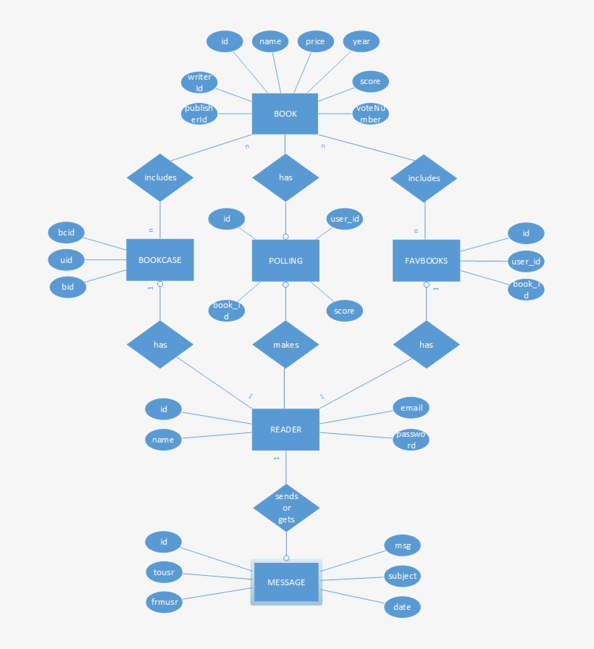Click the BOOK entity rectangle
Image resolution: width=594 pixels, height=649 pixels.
tap(285, 114)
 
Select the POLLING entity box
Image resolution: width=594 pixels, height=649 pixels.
tap(285, 261)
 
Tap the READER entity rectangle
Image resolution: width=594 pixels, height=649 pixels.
tap(285, 430)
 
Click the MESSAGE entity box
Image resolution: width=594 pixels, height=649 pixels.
tap(286, 582)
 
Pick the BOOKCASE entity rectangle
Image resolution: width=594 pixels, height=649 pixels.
tap(160, 260)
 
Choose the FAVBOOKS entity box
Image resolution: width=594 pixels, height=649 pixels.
tap(427, 261)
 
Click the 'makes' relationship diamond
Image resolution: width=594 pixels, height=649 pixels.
tap(285, 345)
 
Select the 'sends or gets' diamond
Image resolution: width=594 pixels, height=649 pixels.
tap(286, 508)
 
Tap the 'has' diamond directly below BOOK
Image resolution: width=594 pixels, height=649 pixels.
tap(285, 177)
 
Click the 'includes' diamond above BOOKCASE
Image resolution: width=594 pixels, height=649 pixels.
tap(160, 177)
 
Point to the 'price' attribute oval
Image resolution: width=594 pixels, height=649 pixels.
tap(315, 41)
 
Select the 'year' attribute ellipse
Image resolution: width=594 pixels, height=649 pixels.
tap(361, 41)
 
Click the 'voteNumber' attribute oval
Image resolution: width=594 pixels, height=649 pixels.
tap(370, 114)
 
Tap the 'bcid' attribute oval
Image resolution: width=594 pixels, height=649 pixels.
tap(66, 233)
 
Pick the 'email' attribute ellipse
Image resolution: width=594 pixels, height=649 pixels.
tap(411, 408)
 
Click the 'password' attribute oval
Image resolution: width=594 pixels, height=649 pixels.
tap(411, 440)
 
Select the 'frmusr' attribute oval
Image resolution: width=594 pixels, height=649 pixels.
tap(164, 602)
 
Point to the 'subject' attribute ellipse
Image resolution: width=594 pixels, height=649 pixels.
tap(402, 576)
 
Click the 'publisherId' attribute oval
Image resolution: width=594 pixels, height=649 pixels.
tap(199, 114)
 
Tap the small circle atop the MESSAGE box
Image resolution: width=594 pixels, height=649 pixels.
tap(286, 558)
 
